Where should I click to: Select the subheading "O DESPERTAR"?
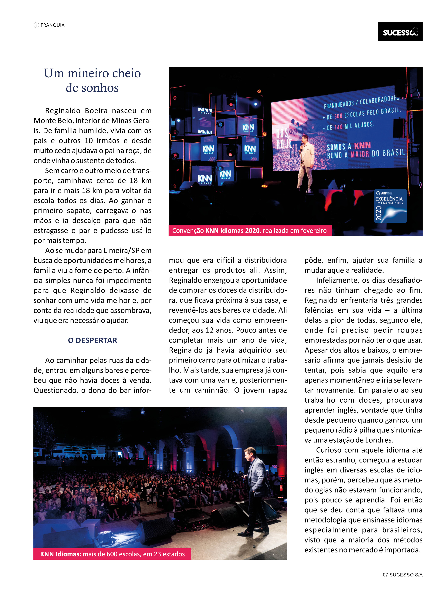(93, 340)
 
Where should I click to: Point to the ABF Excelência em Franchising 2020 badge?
(390, 206)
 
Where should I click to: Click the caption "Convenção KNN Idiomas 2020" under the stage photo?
(250, 231)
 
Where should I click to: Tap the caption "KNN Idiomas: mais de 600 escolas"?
(112, 554)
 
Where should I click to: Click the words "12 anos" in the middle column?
(219, 330)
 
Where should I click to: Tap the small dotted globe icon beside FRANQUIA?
(36, 25)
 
